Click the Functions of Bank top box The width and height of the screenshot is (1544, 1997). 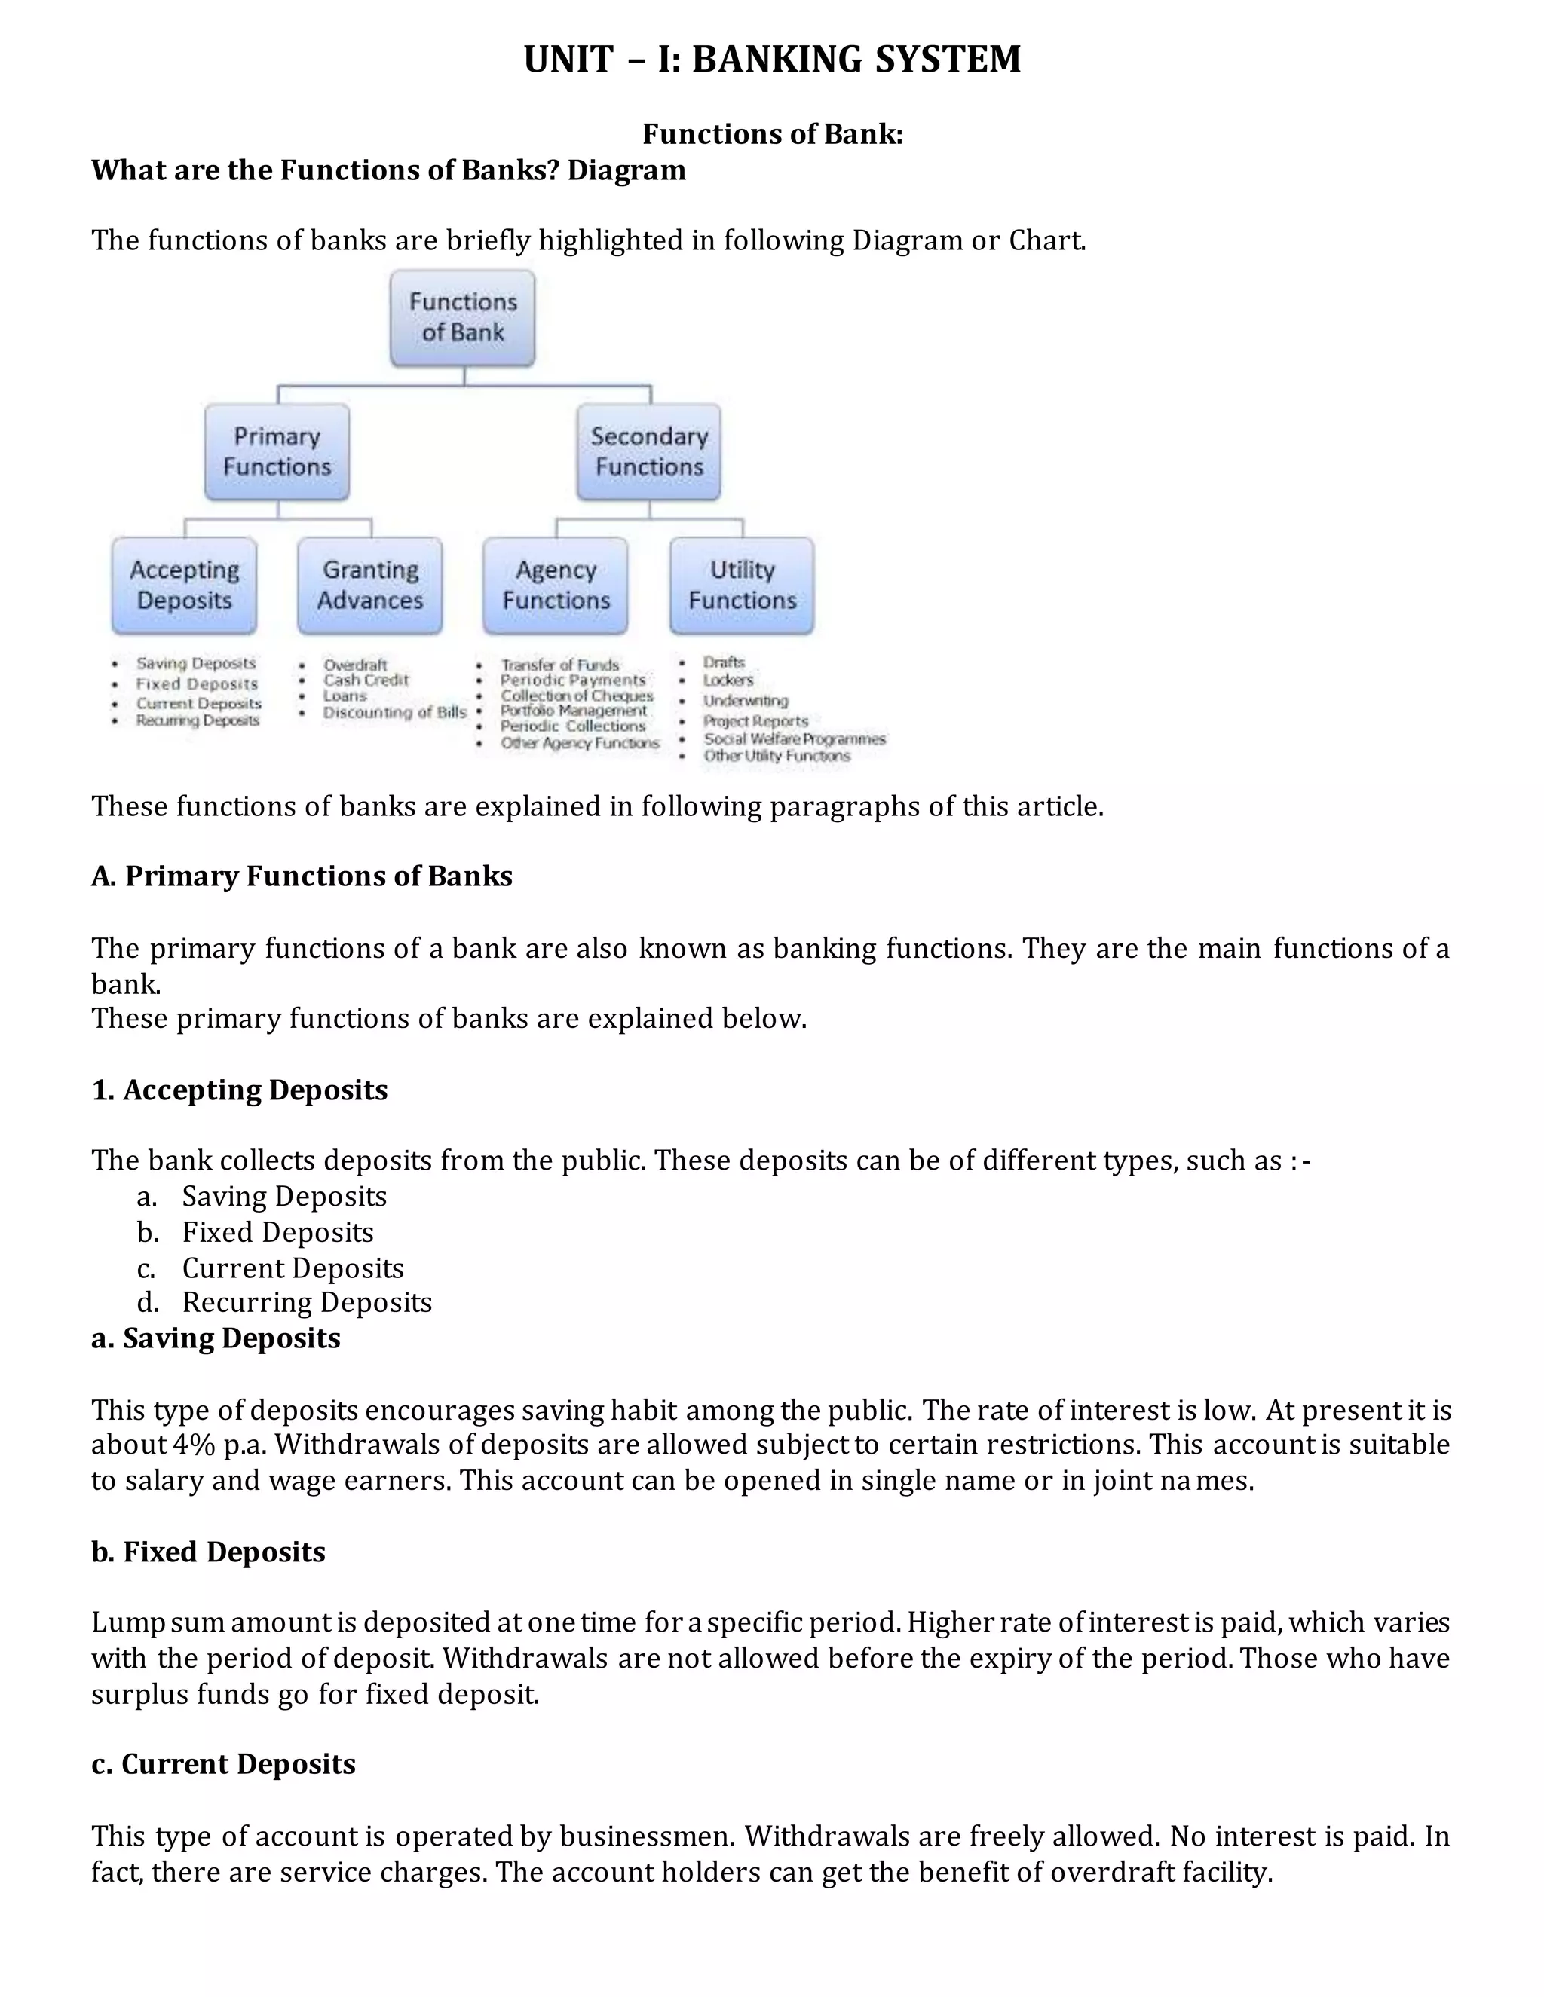(462, 317)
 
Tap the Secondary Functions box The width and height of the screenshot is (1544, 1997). (648, 451)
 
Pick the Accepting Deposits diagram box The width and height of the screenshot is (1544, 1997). (184, 586)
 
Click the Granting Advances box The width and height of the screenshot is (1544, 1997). (369, 586)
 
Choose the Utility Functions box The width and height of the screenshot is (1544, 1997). (742, 586)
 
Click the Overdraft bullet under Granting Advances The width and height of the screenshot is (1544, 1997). (355, 665)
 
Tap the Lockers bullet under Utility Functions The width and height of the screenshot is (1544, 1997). (728, 680)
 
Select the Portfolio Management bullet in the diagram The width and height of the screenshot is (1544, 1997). (574, 711)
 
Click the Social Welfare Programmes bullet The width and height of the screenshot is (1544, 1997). (794, 739)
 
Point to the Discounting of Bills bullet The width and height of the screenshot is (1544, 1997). (394, 712)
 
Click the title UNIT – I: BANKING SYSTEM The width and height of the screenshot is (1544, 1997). (772, 60)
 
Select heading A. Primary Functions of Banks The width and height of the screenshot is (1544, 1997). (302, 876)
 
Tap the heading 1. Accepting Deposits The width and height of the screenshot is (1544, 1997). (240, 1090)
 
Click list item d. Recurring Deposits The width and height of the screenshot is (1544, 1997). (306, 1302)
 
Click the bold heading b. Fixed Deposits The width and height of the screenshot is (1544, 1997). (209, 1552)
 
